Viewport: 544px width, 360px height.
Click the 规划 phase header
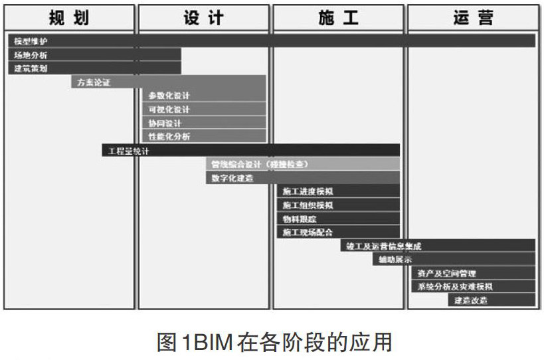pyautogui.click(x=69, y=17)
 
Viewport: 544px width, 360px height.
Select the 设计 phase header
pyautogui.click(x=203, y=17)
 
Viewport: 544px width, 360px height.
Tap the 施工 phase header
pyautogui.click(x=338, y=17)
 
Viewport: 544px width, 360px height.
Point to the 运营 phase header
pyautogui.click(x=473, y=17)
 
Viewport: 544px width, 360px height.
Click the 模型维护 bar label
pyautogui.click(x=31, y=41)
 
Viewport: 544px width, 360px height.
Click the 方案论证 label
pyautogui.click(x=94, y=82)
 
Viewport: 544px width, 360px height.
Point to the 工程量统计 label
pyautogui.click(x=129, y=151)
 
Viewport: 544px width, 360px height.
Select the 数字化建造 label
pyautogui.click(x=232, y=178)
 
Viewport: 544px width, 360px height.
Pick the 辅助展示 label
pyautogui.click(x=395, y=259)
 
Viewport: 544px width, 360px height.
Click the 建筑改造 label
pyautogui.click(x=471, y=300)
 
